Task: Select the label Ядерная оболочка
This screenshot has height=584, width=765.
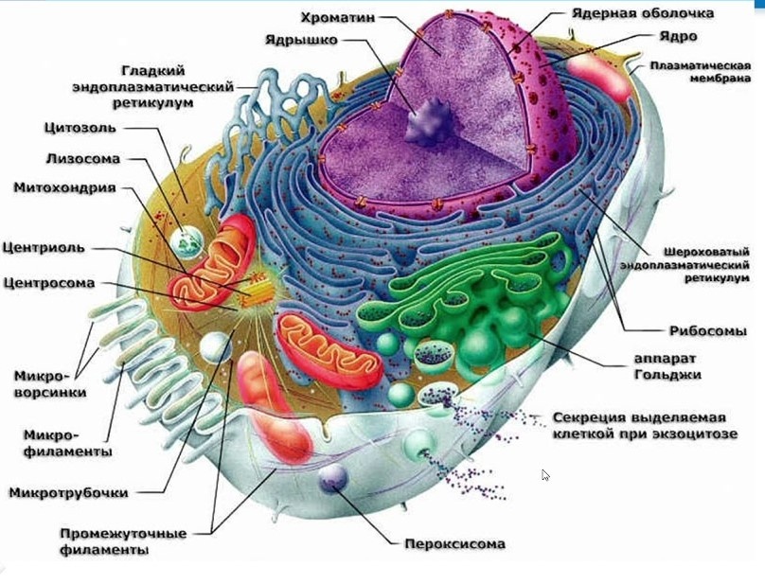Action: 643,14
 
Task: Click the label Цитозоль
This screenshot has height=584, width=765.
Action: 80,128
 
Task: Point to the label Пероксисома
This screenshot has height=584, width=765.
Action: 454,544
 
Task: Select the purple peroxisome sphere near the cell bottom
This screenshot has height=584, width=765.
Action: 332,479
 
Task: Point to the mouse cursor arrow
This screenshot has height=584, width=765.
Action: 545,474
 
